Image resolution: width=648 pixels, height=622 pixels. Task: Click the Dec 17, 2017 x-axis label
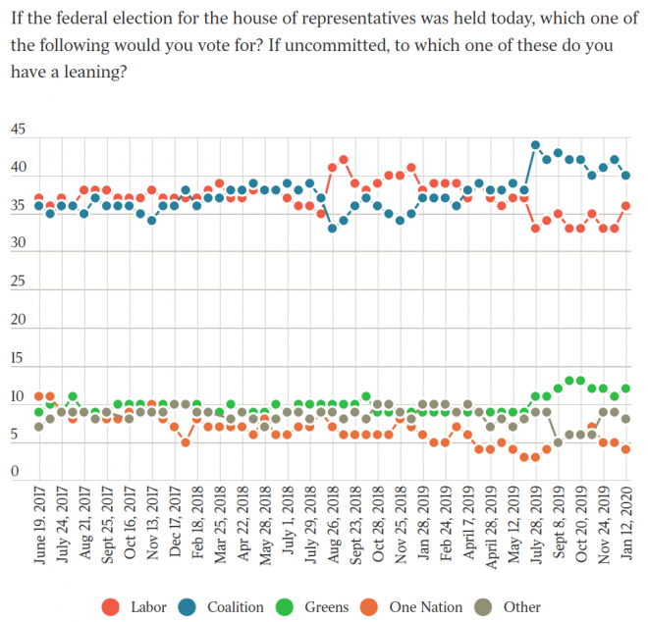coord(175,529)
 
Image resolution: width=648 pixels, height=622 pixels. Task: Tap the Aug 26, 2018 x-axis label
coord(333,529)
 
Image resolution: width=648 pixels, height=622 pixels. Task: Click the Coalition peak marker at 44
coord(536,144)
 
